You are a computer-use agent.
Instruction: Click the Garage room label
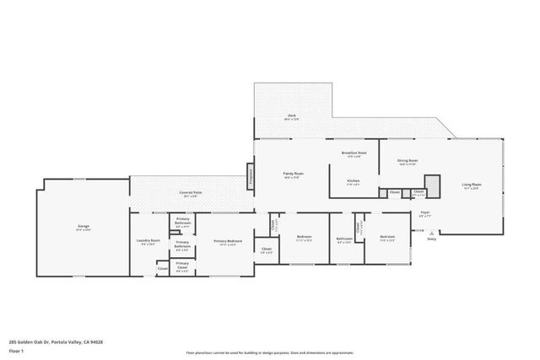84,227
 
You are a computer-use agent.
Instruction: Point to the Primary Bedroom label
228,242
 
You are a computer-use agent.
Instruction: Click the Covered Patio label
190,194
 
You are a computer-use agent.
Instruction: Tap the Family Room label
293,175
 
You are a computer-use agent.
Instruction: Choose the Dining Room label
408,162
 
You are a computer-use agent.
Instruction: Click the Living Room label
471,185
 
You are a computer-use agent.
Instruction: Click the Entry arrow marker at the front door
432,239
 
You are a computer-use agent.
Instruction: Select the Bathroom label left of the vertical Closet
344,239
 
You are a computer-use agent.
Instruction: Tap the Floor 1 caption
16,350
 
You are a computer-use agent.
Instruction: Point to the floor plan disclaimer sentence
269,352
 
